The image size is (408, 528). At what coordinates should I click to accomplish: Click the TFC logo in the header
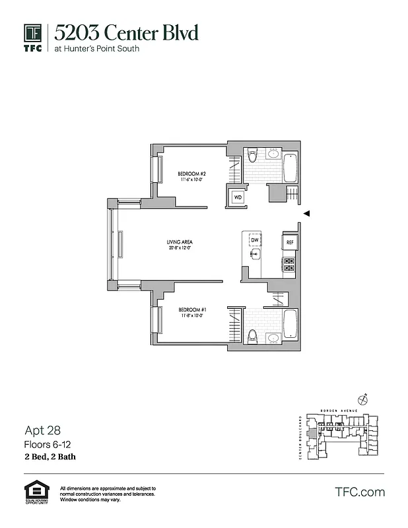point(33,38)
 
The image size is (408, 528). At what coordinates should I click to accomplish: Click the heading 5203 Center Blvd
point(125,32)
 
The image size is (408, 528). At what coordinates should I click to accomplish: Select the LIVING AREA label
point(180,242)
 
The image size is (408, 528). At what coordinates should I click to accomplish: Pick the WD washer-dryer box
point(237,197)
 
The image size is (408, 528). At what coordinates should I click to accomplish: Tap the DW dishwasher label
point(254,240)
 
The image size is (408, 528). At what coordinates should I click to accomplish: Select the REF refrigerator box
point(289,242)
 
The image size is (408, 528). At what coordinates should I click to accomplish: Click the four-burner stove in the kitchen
point(289,265)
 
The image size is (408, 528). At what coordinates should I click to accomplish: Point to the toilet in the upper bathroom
point(252,157)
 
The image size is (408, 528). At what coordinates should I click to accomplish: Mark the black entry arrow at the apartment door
point(306,213)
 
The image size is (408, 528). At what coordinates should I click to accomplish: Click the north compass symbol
point(362,398)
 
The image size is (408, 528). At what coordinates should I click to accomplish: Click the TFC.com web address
point(360,492)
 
